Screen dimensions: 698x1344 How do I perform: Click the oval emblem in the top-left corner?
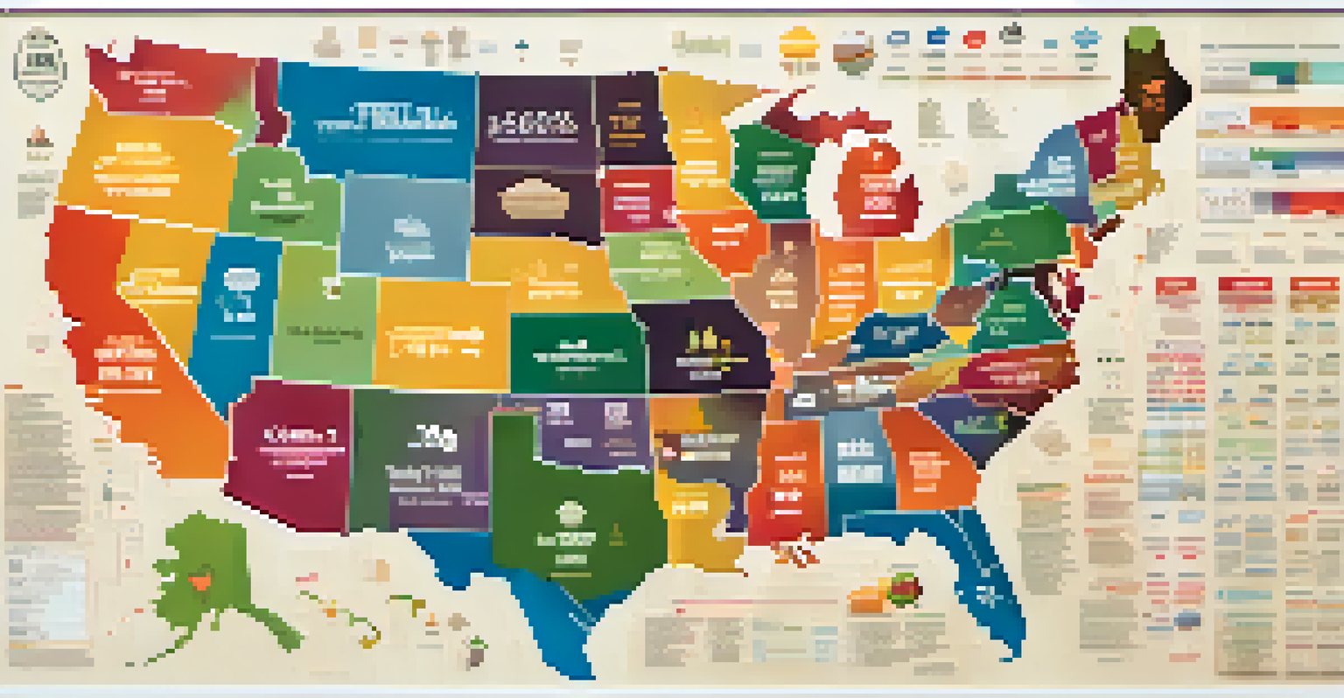tap(40, 63)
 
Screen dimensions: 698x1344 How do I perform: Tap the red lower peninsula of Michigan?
tap(875, 188)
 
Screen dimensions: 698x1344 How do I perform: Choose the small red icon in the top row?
tap(974, 38)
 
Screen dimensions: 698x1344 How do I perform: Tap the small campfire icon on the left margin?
tap(36, 137)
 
